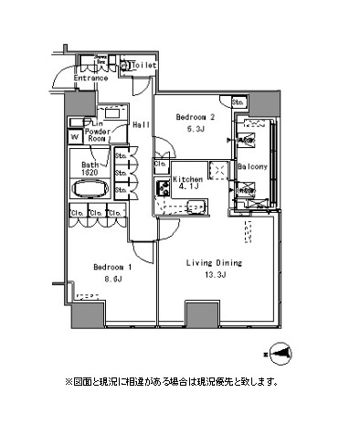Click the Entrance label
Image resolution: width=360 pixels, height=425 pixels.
(x=92, y=80)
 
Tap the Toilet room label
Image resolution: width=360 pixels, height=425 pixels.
(x=144, y=66)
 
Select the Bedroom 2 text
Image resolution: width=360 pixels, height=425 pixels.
(x=195, y=117)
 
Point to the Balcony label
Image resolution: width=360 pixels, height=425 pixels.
(x=251, y=167)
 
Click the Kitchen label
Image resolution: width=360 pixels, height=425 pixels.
(x=187, y=180)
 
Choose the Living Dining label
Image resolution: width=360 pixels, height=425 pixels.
(x=215, y=262)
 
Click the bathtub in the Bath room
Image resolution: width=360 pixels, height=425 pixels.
(x=90, y=191)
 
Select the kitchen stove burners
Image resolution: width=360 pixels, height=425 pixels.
(x=163, y=189)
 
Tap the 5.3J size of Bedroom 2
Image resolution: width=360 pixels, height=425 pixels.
(x=195, y=129)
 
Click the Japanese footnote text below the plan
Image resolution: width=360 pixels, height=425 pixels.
(x=171, y=381)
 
